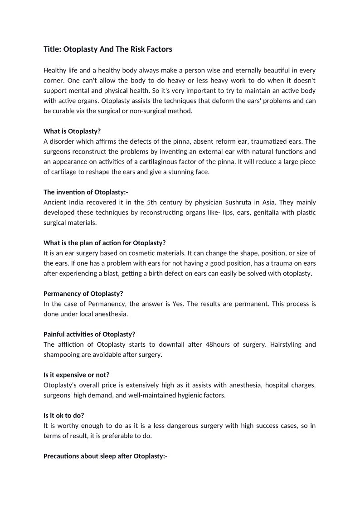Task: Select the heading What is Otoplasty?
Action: [72, 131]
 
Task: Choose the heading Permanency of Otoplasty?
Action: [83, 293]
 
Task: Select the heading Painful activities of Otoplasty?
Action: [89, 334]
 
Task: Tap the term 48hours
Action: [219, 344]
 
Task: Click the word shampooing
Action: [61, 354]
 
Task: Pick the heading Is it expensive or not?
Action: [77, 375]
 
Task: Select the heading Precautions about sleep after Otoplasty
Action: [106, 456]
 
